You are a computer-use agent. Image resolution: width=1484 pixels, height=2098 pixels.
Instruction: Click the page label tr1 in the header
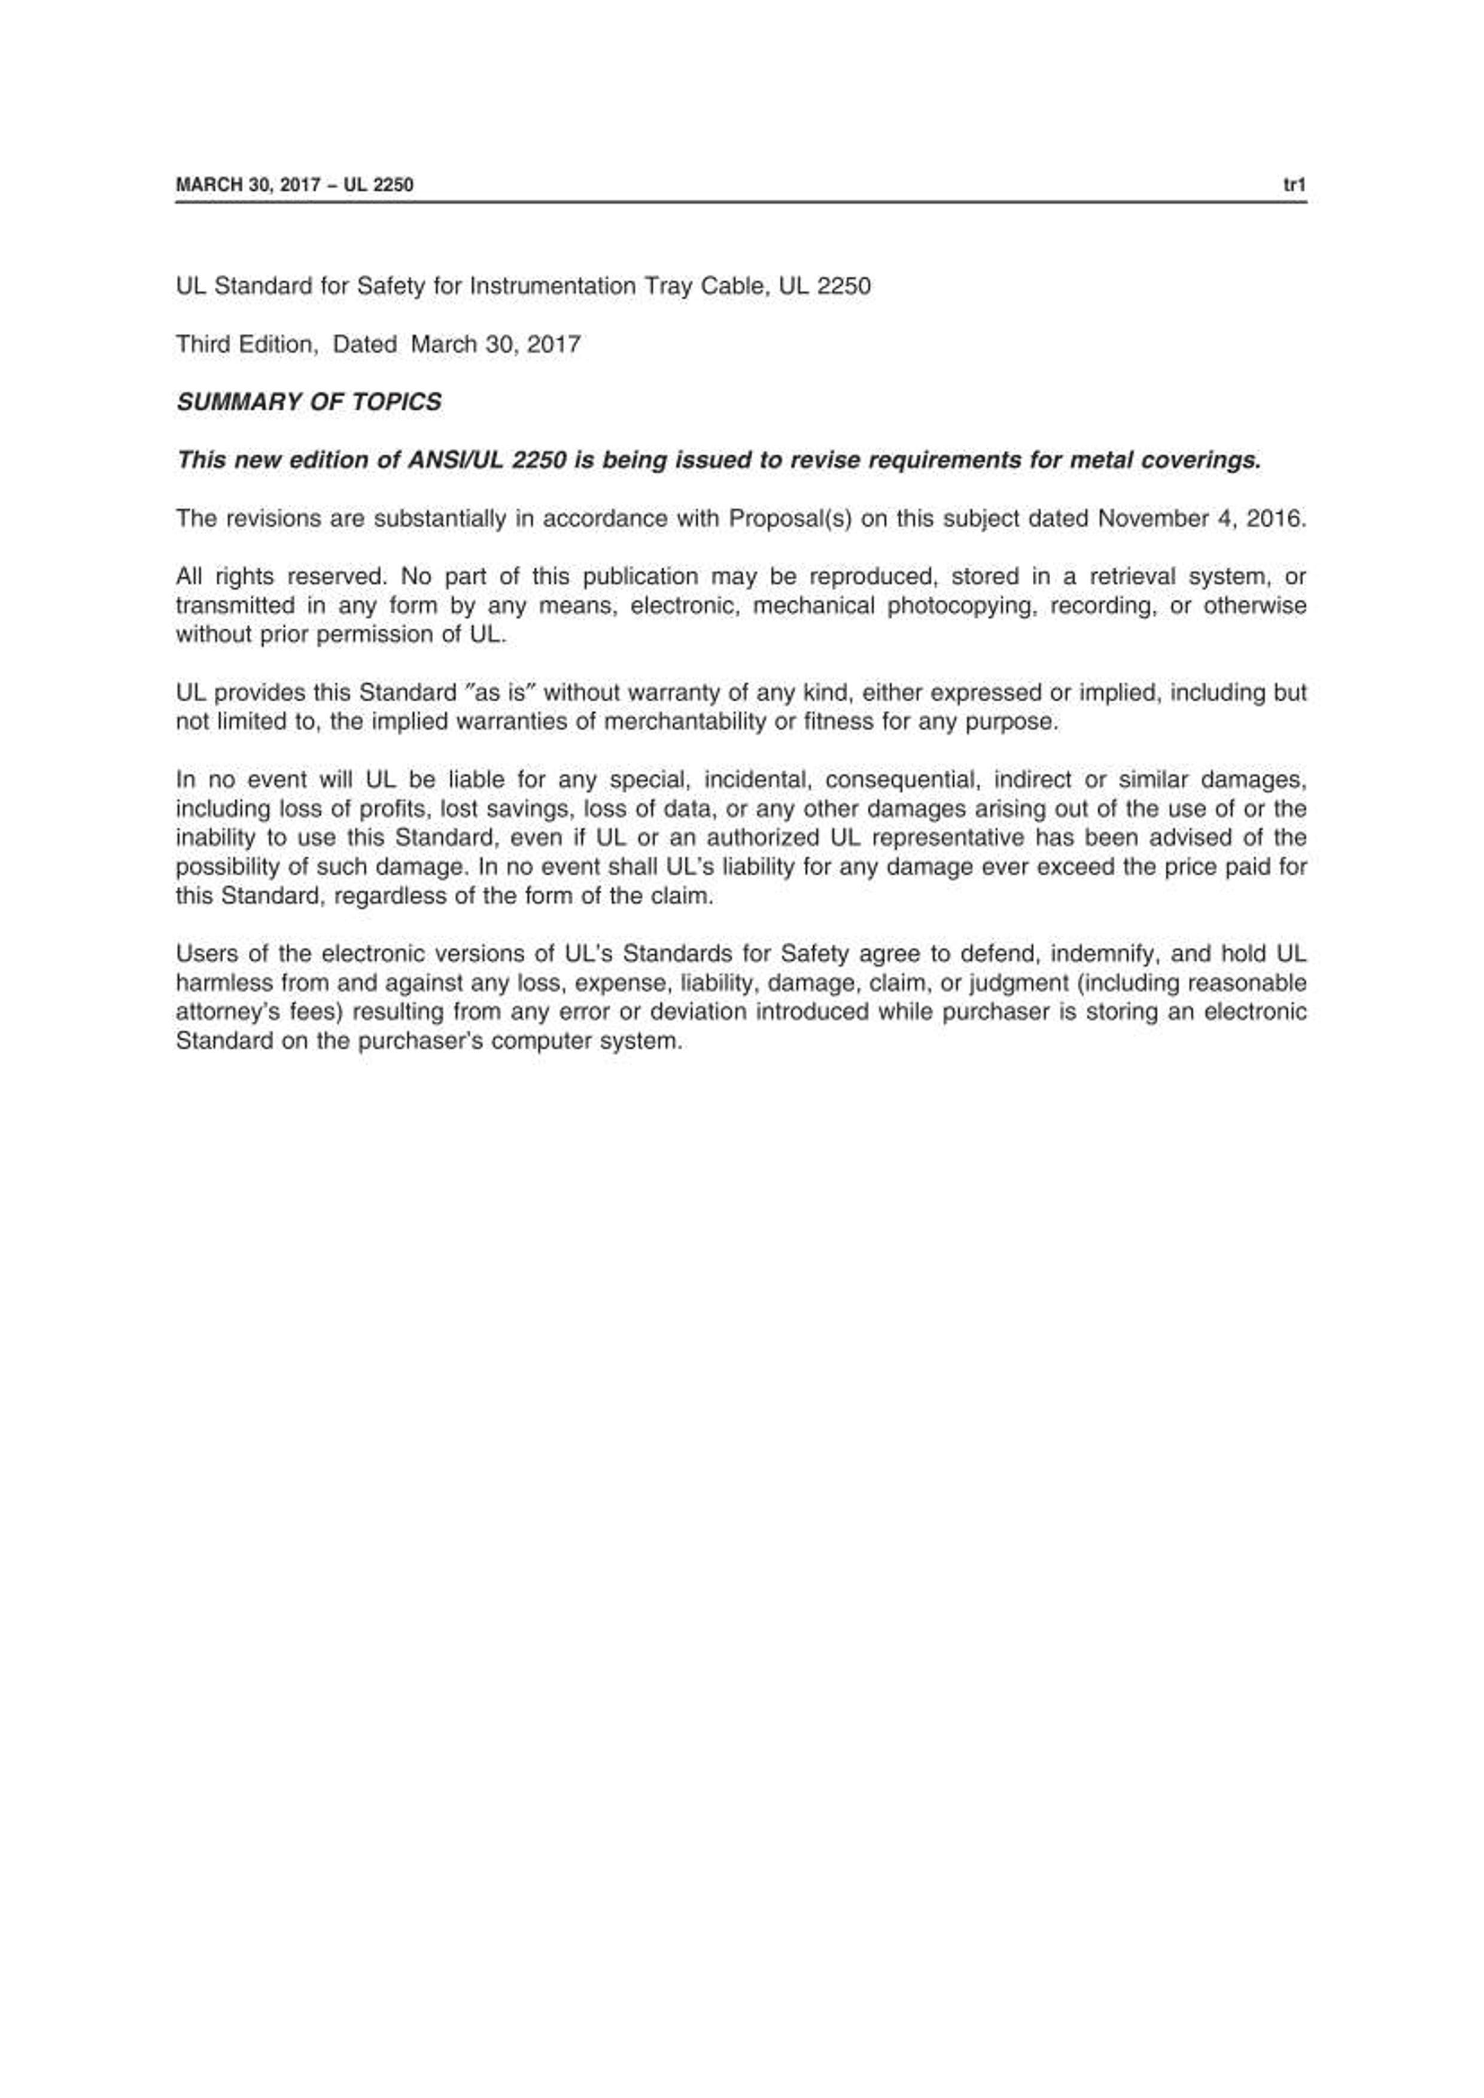tap(1294, 185)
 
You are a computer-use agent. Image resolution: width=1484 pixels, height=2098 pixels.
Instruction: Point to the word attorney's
tap(217, 1012)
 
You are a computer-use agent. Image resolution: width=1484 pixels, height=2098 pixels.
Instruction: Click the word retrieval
tap(1132, 577)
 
